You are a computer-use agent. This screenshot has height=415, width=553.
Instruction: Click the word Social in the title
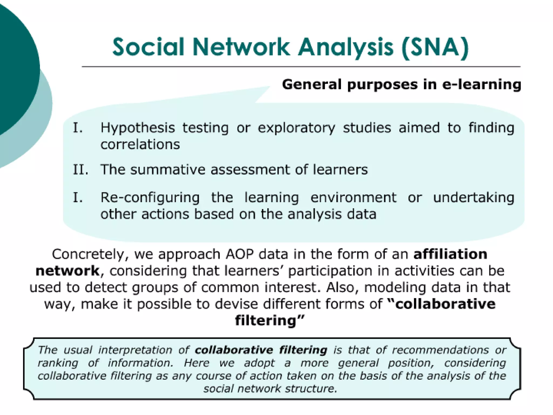[148, 47]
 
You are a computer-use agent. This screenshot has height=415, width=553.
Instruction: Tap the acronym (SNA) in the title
[435, 48]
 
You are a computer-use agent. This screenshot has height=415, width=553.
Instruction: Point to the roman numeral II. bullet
[80, 170]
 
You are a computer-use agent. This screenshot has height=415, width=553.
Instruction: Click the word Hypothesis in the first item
[137, 128]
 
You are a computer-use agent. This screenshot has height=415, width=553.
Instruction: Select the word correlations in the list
[140, 144]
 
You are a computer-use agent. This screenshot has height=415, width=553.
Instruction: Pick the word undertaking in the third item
[474, 198]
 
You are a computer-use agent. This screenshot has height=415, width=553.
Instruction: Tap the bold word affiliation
[450, 254]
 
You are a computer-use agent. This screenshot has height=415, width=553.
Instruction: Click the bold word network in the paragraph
[68, 271]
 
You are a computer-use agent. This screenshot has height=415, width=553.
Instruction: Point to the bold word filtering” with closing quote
[269, 321]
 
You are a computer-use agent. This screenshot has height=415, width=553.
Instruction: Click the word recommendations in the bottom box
[440, 350]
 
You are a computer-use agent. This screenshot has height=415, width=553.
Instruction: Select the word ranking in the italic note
[58, 363]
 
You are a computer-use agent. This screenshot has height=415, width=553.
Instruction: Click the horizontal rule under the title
[301, 66]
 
